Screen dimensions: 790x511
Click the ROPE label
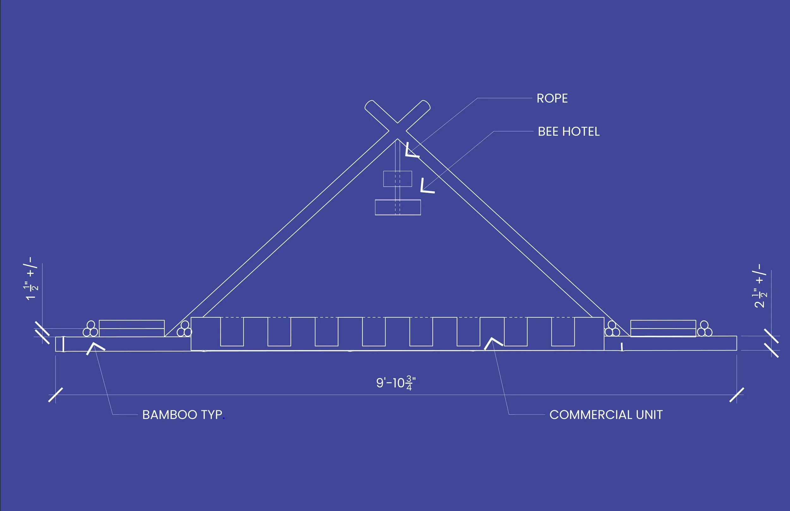point(552,99)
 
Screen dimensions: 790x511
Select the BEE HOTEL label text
point(568,132)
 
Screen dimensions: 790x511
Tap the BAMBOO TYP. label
point(183,415)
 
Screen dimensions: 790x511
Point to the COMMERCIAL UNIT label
point(606,415)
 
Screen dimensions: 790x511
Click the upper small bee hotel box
point(397,179)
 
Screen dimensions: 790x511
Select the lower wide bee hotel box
point(398,207)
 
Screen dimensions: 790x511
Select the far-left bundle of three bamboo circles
point(90,329)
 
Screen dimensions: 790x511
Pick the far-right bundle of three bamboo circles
point(704,329)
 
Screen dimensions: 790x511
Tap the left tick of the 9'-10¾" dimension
point(55,395)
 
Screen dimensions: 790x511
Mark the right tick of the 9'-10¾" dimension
point(737,395)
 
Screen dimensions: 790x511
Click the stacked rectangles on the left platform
point(132,328)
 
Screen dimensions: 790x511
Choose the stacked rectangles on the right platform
point(663,328)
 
